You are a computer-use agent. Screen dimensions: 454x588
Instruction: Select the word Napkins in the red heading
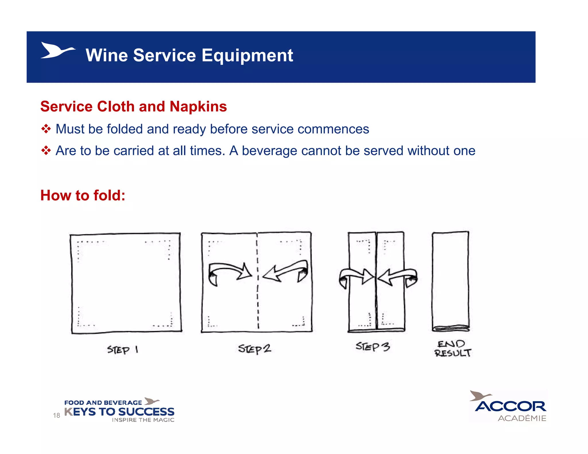pos(198,106)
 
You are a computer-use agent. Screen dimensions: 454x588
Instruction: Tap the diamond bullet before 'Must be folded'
pos(46,129)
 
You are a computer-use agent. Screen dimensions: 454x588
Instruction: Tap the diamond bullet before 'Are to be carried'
pos(46,150)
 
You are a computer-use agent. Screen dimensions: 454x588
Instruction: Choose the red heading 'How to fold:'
pos(83,195)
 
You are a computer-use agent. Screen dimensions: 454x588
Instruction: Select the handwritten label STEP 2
pos(254,349)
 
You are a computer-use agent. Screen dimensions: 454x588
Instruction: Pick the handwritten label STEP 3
pos(373,347)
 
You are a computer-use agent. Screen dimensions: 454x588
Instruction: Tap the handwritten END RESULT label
pos(452,348)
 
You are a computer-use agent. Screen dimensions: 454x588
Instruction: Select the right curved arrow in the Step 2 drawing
pos(286,271)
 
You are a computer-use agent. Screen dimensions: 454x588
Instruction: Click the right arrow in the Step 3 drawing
pos(397,277)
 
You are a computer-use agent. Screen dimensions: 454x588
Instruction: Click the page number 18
pos(57,415)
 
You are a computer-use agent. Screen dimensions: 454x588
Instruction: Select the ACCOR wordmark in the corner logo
pos(510,406)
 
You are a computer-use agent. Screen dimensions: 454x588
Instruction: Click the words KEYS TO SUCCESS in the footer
pos(119,412)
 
